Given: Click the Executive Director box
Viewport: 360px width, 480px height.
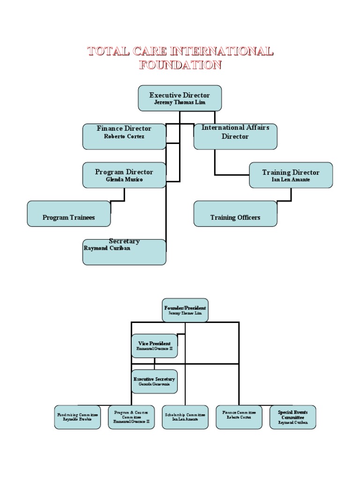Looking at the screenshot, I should click(x=180, y=98).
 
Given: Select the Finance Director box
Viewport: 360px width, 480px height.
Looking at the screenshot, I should click(x=124, y=136).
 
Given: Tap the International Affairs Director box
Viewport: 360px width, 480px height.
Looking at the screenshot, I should click(x=235, y=136).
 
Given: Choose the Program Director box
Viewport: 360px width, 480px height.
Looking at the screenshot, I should click(x=124, y=175).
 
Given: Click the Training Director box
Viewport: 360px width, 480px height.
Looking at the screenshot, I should click(x=291, y=175).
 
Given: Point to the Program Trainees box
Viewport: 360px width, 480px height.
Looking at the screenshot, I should click(x=69, y=214).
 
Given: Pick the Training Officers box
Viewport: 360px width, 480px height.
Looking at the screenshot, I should click(x=235, y=214).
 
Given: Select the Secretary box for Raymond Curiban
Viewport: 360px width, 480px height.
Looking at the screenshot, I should click(x=124, y=252).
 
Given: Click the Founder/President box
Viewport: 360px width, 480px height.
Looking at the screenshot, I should click(x=185, y=310).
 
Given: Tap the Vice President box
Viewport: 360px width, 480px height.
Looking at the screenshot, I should click(x=154, y=346).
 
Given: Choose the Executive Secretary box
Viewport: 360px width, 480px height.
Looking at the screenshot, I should click(x=154, y=381).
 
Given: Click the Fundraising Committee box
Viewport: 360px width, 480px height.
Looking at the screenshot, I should click(x=77, y=417).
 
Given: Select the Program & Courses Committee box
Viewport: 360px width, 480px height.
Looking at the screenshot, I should click(x=131, y=417).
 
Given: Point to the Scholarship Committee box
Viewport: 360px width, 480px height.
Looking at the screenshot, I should click(x=185, y=417).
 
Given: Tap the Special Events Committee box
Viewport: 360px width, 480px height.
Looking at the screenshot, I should click(x=293, y=417).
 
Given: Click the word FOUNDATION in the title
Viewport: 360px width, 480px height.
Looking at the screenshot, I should click(x=180, y=65).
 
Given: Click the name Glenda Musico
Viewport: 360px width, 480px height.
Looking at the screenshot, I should click(x=124, y=180).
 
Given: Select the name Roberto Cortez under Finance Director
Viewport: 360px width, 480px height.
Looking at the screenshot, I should click(x=124, y=136).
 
